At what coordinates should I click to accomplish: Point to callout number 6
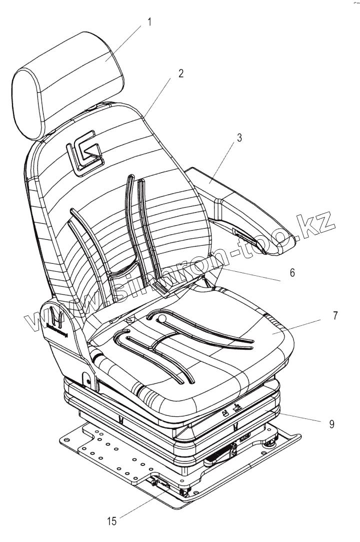coord(292,273)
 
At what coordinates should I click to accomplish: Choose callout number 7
coord(321,316)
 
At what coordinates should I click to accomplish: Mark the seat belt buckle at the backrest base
coord(161,289)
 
